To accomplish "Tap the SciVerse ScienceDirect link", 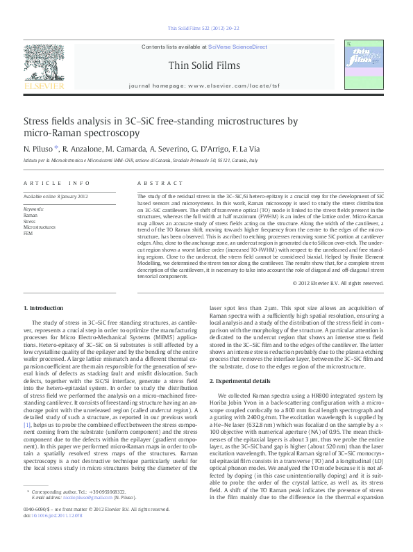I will (237, 46).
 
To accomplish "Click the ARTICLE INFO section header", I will (57, 183).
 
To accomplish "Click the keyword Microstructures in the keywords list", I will (40, 227).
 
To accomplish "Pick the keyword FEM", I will (28, 233).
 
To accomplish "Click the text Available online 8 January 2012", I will (56, 197).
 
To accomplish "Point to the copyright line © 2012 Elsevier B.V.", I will (357, 283).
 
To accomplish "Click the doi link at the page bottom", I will (53, 535).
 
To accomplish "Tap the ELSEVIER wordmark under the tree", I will (44, 86).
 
